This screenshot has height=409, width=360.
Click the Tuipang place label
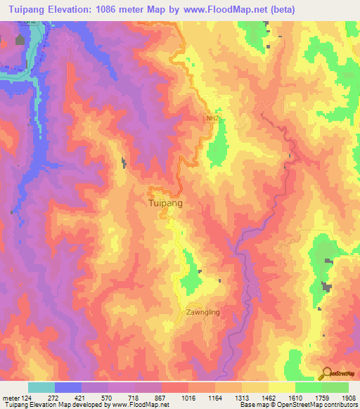pos(167,202)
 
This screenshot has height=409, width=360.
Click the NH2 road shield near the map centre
pos(212,119)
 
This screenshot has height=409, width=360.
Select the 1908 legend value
pos(348,398)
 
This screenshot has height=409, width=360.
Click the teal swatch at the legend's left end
pos(41,387)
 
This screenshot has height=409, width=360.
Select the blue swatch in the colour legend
pos(68,387)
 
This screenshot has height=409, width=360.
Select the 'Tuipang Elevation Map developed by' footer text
pos(47,405)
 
